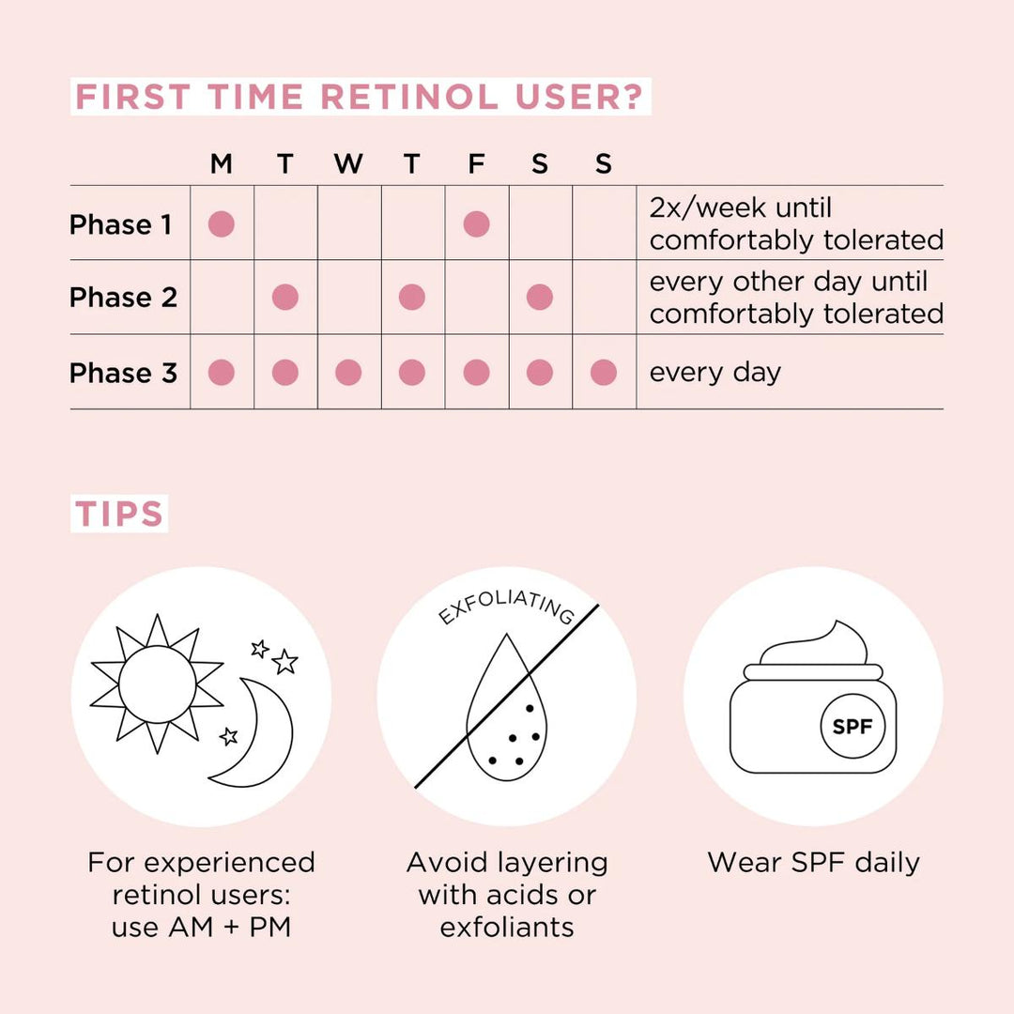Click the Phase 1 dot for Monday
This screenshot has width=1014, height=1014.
tap(221, 223)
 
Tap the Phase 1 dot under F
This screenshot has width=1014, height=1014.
tap(476, 223)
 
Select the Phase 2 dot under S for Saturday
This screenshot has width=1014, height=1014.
tap(539, 298)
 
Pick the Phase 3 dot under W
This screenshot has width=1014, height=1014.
tap(348, 373)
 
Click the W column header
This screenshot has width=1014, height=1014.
tap(348, 164)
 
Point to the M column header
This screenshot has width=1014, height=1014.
tap(221, 164)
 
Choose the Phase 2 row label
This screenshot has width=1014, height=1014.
tap(123, 298)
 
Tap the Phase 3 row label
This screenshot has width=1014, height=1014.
tap(123, 373)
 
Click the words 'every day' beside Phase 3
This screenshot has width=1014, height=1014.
tap(714, 373)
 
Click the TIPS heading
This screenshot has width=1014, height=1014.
tap(119, 515)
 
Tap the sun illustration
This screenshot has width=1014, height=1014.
tap(157, 683)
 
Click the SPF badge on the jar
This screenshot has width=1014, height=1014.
tap(853, 726)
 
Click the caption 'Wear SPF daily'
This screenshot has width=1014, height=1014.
tap(813, 863)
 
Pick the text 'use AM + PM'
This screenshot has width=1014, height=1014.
tap(201, 927)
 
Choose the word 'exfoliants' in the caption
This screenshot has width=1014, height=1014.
tap(507, 927)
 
